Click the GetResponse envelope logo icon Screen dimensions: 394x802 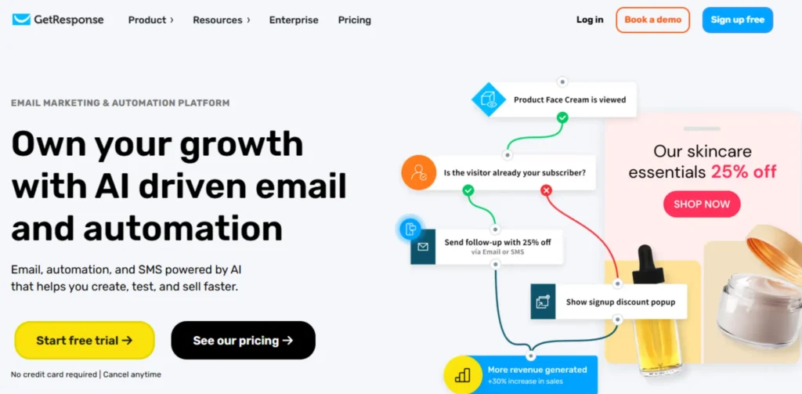pos(21,20)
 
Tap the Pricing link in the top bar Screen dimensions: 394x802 pos(355,20)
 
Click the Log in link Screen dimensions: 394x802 pos(590,20)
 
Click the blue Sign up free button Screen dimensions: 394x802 pos(737,20)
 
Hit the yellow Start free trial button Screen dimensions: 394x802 pos(85,341)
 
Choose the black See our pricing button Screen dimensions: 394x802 pos(243,341)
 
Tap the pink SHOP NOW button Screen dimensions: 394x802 pos(702,204)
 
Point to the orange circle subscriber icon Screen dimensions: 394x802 pos(418,172)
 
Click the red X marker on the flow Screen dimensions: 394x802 pos(547,190)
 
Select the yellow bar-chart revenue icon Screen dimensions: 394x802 pos(462,374)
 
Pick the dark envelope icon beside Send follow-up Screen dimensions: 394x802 pos(423,246)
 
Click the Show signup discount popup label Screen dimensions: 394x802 pos(620,302)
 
